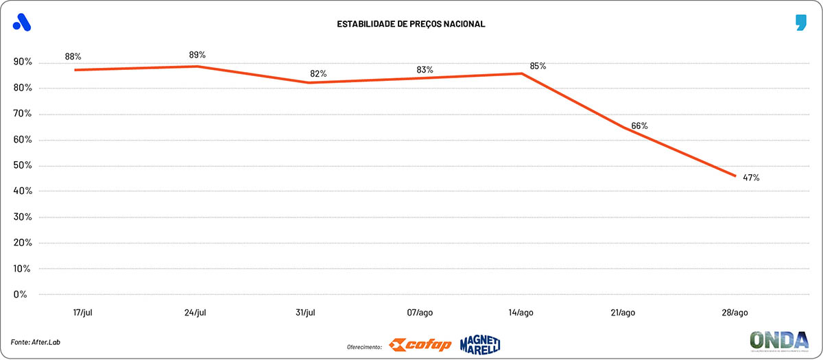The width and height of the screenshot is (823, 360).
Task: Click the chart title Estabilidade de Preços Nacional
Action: click(x=411, y=24)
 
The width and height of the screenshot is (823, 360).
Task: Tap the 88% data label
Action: click(x=73, y=56)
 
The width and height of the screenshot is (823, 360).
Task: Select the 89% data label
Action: click(x=198, y=54)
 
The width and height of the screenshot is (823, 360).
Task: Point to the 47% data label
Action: click(x=751, y=178)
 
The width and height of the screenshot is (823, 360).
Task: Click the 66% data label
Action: click(x=639, y=125)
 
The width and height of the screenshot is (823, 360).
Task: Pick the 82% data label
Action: click(x=318, y=73)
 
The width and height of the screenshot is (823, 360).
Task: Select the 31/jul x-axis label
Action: click(x=305, y=313)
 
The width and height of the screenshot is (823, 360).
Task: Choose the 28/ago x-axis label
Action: click(x=736, y=313)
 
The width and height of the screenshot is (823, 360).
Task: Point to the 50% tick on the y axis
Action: click(x=23, y=165)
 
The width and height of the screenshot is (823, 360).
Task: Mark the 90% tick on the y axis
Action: click(x=23, y=62)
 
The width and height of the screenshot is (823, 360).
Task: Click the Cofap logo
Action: click(x=420, y=344)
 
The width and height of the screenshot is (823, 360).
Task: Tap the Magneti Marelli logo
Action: click(x=480, y=344)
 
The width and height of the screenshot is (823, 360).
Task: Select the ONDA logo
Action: click(x=778, y=341)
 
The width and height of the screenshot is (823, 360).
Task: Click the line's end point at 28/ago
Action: click(x=736, y=176)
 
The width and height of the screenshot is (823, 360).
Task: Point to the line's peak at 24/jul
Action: click(x=198, y=66)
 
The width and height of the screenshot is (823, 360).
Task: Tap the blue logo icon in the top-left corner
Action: click(x=22, y=23)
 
